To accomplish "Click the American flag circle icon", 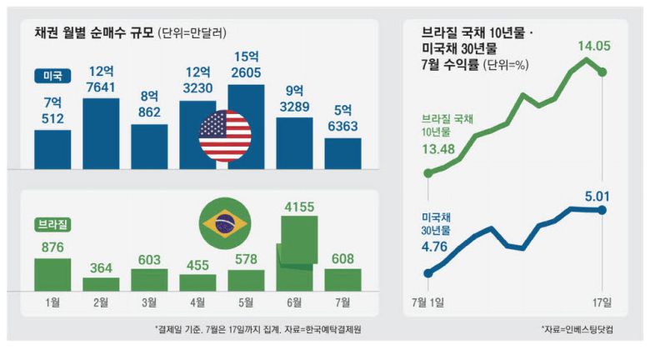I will pyautogui.click(x=225, y=135).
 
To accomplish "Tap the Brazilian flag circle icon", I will pyautogui.click(x=224, y=223).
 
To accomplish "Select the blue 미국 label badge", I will pyautogui.click(x=52, y=76).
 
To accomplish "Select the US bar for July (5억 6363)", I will pyautogui.click(x=343, y=153).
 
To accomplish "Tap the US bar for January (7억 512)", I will pyautogui.click(x=52, y=149).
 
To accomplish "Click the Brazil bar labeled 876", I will pyautogui.click(x=52, y=274).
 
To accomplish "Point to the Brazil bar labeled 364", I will pyautogui.click(x=101, y=283).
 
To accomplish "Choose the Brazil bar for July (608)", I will pyautogui.click(x=343, y=279).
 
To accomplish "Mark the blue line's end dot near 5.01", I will pyautogui.click(x=602, y=209).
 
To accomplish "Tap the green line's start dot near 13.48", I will pyautogui.click(x=428, y=173).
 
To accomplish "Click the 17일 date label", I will pyautogui.click(x=602, y=301).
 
